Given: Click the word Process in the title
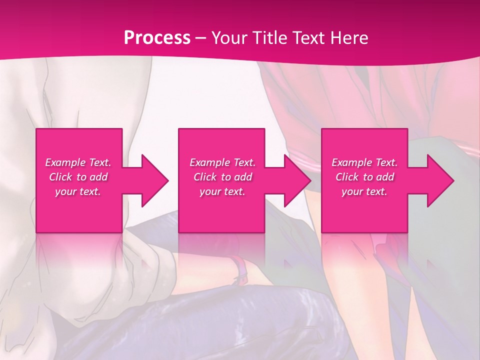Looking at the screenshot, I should coord(157,38).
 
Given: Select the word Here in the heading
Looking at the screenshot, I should coord(349,38).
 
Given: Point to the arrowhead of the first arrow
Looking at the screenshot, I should coord(155,180).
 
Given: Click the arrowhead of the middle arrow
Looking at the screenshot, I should coord(298,180).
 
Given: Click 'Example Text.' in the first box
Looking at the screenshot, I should coord(78,162).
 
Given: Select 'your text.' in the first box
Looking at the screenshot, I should coord(78,191).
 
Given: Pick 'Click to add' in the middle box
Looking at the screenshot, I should coord(222,177).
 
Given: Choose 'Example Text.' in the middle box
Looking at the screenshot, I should coord(222,162).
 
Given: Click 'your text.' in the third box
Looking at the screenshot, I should coord(364,191).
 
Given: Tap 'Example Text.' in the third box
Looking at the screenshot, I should coord(364,162).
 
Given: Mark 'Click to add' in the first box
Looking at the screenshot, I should coord(78,177).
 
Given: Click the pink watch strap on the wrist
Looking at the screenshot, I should coord(240,268).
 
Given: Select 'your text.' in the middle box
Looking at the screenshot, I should coord(222,191).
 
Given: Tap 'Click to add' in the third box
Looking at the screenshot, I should coord(364,177).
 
